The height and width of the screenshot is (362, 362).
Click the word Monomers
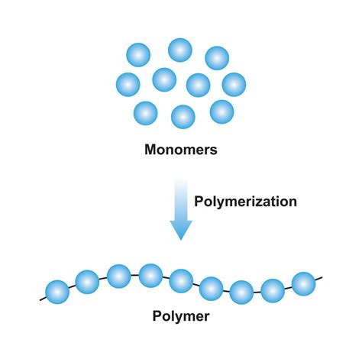(x=181, y=150)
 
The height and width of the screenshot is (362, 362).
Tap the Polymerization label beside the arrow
(x=245, y=202)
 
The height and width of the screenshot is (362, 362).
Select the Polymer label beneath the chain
(x=180, y=315)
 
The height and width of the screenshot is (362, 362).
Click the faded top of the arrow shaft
(x=181, y=186)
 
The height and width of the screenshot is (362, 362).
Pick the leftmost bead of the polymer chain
(x=57, y=291)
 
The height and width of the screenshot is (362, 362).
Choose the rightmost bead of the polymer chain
(x=304, y=282)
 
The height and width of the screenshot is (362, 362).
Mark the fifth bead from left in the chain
(x=181, y=280)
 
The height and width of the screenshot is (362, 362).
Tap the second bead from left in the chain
(x=86, y=283)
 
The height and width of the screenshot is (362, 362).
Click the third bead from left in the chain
(x=118, y=276)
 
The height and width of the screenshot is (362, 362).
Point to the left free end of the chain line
(x=40, y=297)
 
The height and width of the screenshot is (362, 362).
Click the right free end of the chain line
(x=322, y=276)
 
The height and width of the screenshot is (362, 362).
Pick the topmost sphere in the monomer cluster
(x=180, y=50)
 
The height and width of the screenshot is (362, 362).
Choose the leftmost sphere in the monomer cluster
(x=128, y=84)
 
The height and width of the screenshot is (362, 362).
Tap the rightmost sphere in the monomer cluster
(x=234, y=84)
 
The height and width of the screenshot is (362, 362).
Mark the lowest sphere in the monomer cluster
(x=183, y=117)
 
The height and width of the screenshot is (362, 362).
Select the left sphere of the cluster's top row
(x=138, y=55)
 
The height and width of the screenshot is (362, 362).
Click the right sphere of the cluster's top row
(x=217, y=58)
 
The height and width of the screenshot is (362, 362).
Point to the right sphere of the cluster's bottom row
(x=221, y=112)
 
